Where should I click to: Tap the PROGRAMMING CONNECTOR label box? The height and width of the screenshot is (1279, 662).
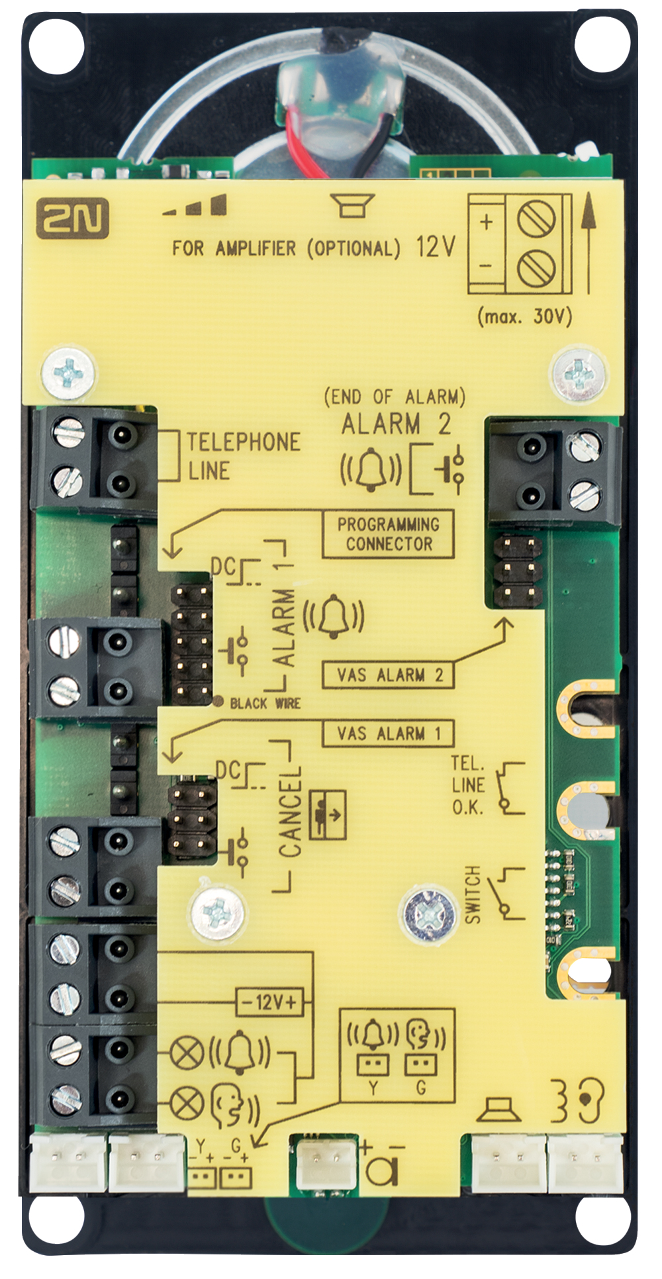(388, 534)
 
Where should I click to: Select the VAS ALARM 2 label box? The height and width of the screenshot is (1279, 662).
(388, 675)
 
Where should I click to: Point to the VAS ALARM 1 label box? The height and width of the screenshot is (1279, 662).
(388, 734)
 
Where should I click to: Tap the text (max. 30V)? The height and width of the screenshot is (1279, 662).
(524, 316)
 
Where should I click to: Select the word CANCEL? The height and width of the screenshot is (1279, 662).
(291, 812)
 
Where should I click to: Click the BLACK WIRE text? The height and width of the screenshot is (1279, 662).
(265, 703)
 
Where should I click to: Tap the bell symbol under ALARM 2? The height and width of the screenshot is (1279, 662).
(370, 469)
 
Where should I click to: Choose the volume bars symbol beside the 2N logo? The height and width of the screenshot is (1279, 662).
(195, 207)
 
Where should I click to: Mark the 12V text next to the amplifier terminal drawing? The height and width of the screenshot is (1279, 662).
(436, 247)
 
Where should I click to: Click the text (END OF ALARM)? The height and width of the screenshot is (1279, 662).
(395, 397)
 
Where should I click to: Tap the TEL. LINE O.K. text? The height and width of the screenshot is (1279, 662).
(468, 785)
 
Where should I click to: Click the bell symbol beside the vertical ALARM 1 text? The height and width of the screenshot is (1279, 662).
(334, 616)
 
